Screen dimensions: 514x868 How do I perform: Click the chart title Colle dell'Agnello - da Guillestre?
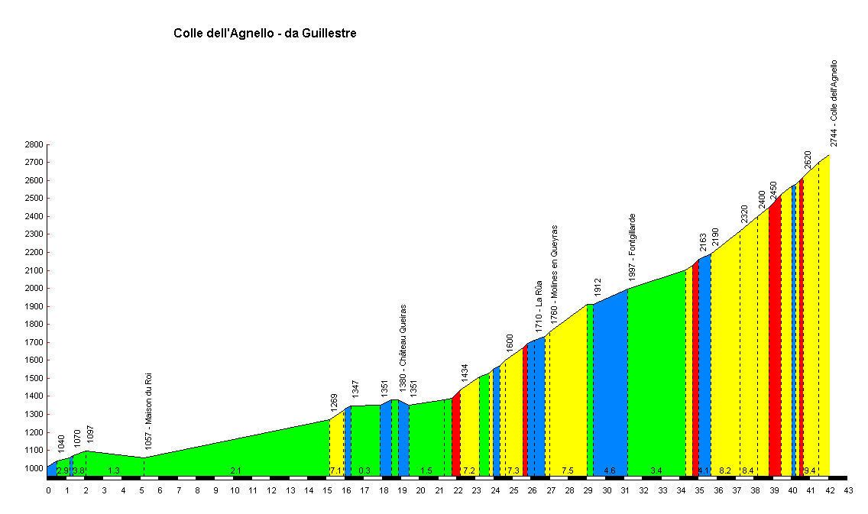click(x=265, y=34)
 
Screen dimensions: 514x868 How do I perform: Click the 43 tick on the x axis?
click(x=848, y=491)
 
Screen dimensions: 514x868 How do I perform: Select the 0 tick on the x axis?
click(x=48, y=491)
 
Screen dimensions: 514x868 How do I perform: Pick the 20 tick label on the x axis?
click(x=420, y=491)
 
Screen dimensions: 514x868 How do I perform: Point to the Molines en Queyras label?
click(x=555, y=273)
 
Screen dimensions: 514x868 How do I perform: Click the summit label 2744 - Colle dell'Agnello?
click(x=834, y=103)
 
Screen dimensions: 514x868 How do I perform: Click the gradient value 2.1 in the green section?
click(x=236, y=470)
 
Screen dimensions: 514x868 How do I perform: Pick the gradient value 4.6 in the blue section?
click(x=610, y=470)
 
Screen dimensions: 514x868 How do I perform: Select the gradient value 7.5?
click(x=567, y=470)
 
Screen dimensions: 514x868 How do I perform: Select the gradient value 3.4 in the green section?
click(x=656, y=470)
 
